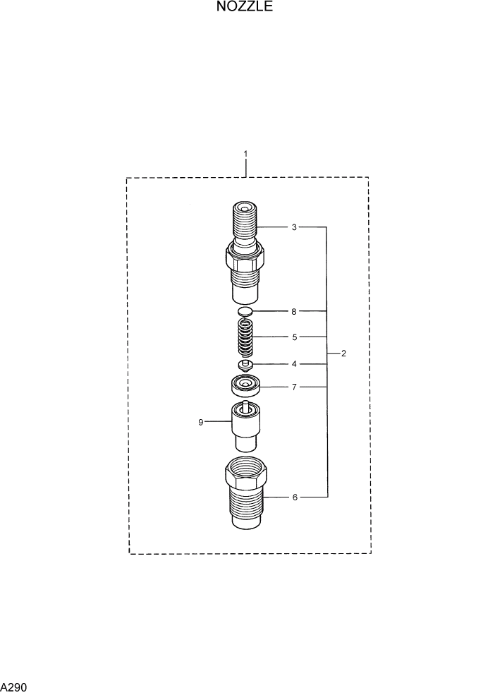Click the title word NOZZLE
(x=245, y=8)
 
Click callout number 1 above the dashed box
(x=245, y=154)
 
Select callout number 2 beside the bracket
(x=343, y=354)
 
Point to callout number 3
(x=294, y=227)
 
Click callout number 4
(x=294, y=364)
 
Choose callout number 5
(x=294, y=337)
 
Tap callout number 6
(x=294, y=497)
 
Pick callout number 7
(x=294, y=387)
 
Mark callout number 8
(x=294, y=311)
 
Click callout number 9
(x=201, y=422)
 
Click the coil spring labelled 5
(x=245, y=337)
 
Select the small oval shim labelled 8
(x=245, y=311)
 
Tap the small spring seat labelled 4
(x=245, y=366)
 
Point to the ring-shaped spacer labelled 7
(x=245, y=385)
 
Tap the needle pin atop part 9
(x=245, y=404)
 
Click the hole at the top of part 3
(x=244, y=208)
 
